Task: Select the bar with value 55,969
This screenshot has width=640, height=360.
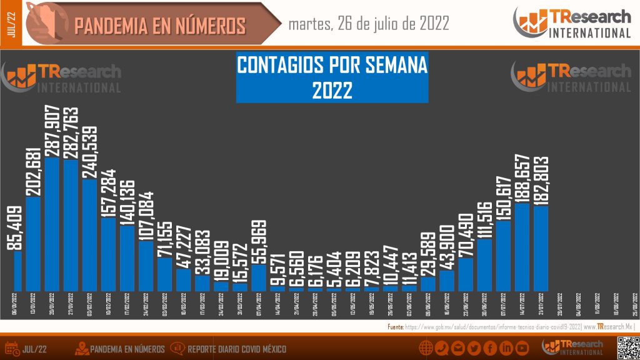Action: [259, 278]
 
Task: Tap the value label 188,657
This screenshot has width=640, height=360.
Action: [522, 177]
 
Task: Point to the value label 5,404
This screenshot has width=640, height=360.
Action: [334, 267]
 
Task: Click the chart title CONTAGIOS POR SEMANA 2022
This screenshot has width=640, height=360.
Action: [332, 77]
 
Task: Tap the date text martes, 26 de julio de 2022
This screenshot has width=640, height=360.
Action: [369, 24]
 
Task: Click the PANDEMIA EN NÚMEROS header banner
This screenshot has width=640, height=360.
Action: [159, 26]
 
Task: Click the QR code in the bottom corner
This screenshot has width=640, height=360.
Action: [627, 347]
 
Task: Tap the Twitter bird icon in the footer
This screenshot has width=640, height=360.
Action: [474, 347]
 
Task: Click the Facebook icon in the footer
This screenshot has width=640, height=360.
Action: [491, 347]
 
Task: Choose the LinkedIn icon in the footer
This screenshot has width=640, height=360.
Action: [506, 347]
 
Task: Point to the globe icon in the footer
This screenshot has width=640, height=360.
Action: [426, 347]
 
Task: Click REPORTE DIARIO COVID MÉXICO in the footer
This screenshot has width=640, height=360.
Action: [236, 348]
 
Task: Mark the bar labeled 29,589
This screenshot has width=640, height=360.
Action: [428, 284]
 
